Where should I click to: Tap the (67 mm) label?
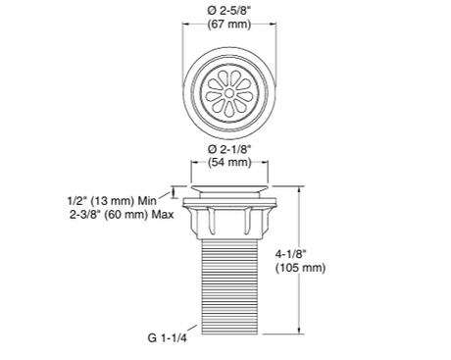(228, 26)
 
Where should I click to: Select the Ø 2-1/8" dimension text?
(228, 149)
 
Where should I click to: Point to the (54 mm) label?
(228, 163)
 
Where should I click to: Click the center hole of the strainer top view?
(228, 93)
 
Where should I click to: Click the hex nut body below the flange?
(229, 221)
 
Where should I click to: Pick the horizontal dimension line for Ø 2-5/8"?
(228, 38)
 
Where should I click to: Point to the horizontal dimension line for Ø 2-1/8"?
(228, 173)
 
